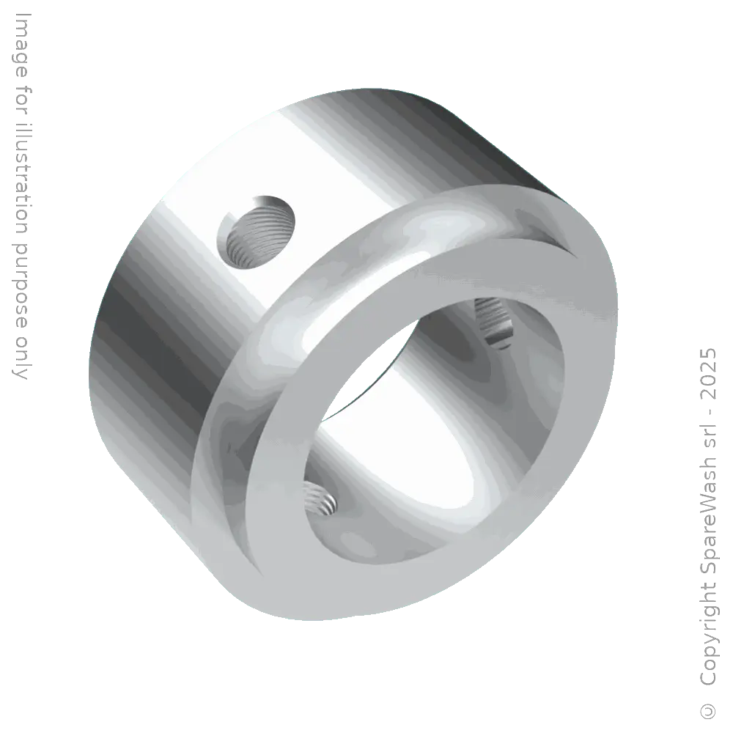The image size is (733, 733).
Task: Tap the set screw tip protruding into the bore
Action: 492,323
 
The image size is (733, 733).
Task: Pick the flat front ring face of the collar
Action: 557,410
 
